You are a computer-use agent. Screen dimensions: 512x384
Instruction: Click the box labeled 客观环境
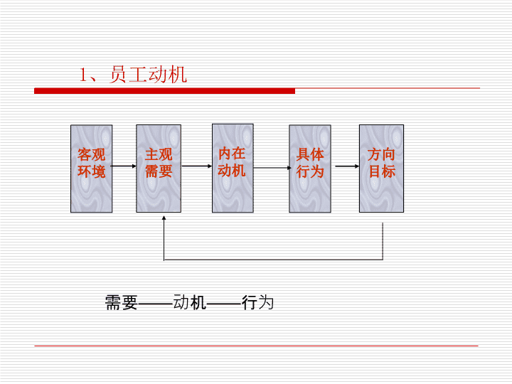92,169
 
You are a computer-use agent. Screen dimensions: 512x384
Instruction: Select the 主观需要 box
159,169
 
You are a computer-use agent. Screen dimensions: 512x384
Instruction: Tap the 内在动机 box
233,168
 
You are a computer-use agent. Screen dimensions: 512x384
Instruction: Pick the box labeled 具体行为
310,169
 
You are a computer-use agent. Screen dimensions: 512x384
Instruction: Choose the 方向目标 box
381,169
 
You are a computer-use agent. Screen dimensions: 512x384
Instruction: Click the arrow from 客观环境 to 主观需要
124,166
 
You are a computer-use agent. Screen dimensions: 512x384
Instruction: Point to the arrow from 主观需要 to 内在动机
197,166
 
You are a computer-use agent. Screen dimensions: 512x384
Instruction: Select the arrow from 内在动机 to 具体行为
272,168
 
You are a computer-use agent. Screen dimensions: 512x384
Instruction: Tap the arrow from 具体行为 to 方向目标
347,166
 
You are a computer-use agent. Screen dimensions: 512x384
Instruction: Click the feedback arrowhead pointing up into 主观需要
164,218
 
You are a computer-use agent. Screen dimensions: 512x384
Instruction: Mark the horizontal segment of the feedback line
273,260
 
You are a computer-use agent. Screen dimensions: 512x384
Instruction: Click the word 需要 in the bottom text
121,302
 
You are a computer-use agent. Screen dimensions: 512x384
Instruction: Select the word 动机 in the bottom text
190,302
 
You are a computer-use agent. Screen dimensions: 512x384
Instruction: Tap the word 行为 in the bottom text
257,302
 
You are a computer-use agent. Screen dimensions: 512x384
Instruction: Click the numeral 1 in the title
84,75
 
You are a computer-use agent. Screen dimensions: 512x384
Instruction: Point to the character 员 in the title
118,75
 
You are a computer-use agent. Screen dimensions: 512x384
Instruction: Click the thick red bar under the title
164,91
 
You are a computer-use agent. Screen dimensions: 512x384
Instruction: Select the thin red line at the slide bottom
256,346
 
